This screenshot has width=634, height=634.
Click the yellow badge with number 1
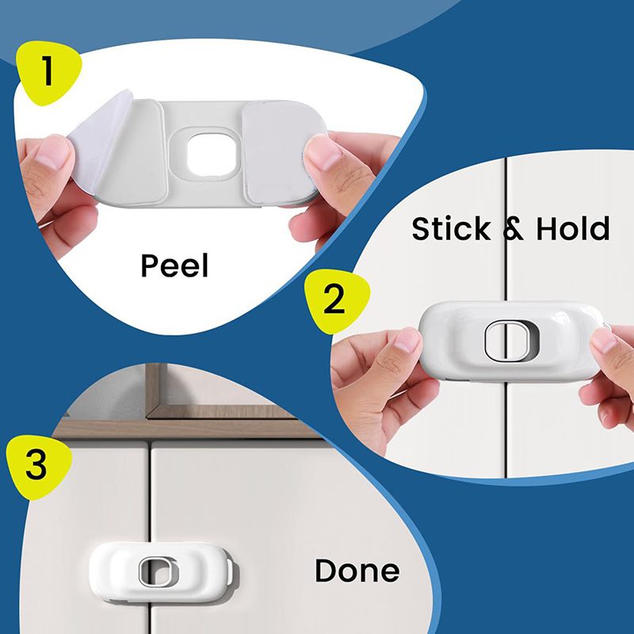[x=48, y=72]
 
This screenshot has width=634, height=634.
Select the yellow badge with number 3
[x=38, y=466]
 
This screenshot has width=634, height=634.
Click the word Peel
[x=174, y=265]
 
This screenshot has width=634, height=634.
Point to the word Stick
[x=451, y=228]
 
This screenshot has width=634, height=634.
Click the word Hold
[x=572, y=228]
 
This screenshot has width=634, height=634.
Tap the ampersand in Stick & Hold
[x=513, y=229]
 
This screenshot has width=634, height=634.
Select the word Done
[x=357, y=571]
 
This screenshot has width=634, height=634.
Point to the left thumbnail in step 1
[x=52, y=152]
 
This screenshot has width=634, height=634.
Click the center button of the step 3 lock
[x=158, y=571]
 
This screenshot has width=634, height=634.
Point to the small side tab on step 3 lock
[x=230, y=571]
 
